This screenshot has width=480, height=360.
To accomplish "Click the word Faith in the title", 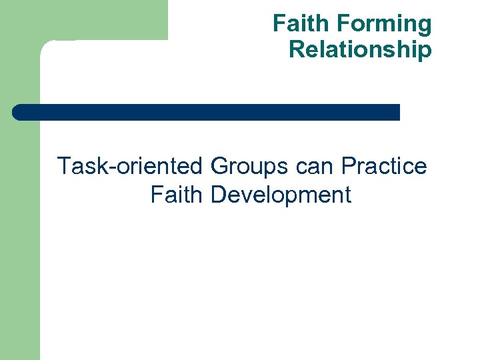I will pyautogui.click(x=301, y=25).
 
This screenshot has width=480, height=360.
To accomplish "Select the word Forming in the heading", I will pyautogui.click(x=384, y=25).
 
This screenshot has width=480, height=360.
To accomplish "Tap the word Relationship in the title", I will pyautogui.click(x=360, y=50).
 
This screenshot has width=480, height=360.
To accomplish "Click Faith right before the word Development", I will pyautogui.click(x=177, y=195).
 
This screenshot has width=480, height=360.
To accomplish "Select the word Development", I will pyautogui.click(x=281, y=195).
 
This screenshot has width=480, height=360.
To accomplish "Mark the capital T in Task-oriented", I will pyautogui.click(x=65, y=166).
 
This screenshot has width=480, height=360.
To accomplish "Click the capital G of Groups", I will pyautogui.click(x=219, y=166).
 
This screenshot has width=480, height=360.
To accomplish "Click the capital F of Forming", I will pyautogui.click(x=345, y=25).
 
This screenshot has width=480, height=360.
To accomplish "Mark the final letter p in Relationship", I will pyautogui.click(x=425, y=52).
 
